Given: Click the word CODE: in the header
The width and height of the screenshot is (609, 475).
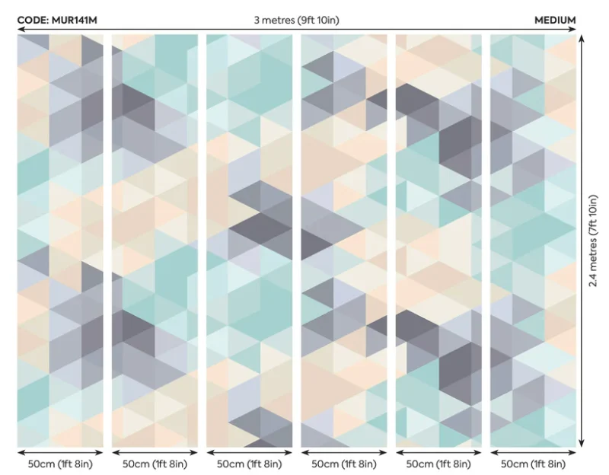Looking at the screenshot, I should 33,21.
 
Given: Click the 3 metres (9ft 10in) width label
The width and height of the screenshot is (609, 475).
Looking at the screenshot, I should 296,21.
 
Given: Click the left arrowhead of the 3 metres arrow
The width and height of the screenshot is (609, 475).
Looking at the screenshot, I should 21,30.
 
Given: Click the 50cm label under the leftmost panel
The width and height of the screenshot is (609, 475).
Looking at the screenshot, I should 60,464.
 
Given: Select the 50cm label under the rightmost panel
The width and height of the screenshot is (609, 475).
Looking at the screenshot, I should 533,464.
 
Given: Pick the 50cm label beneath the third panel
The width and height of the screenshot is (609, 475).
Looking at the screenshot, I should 249,464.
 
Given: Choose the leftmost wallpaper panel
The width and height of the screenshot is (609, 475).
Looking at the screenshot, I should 60,241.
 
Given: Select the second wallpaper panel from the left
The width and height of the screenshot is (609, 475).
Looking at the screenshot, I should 155,241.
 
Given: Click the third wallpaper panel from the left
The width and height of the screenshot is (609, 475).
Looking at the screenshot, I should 249,241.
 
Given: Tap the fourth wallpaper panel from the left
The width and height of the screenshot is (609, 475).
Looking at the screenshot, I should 344,241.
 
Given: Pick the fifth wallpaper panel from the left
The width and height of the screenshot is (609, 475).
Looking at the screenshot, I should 438,241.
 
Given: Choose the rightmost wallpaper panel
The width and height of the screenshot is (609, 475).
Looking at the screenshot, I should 533,241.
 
